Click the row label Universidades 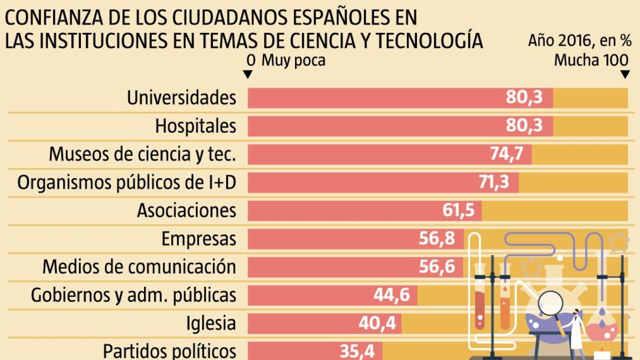pos(181,98)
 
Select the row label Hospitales pos(195,126)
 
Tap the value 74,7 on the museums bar pos(507,154)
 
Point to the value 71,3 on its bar pos(494,182)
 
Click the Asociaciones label pos(187,210)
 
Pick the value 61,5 pos(458,210)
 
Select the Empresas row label pos(199,239)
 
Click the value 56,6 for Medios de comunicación pos(437,266)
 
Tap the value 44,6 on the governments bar pos(391,295)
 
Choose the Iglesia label pos(211,323)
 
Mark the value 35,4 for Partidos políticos pos(357,351)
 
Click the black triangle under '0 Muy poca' pos(248,74)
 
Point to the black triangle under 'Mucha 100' pos(625,74)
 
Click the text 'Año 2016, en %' pos(579,40)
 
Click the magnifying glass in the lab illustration pos(551,304)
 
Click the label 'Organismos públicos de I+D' pos(126,182)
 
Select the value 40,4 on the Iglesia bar pos(377,323)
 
